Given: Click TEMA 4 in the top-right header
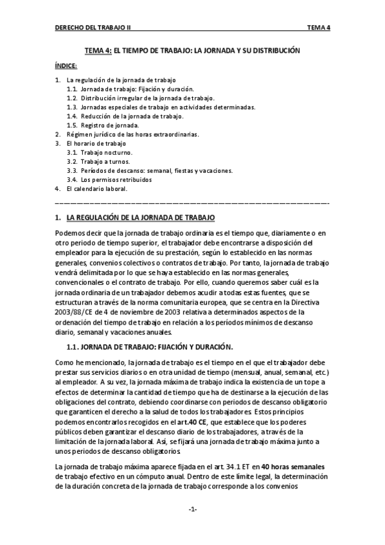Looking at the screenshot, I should coord(319,28).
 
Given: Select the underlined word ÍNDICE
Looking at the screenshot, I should coord(66,66).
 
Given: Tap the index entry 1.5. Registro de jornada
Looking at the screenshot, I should coord(109,125).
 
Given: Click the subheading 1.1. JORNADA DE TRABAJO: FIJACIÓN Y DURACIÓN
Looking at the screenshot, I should coord(149,347).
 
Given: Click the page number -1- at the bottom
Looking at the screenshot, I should coord(192,510).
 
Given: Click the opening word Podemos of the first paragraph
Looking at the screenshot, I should coord(70,233).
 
